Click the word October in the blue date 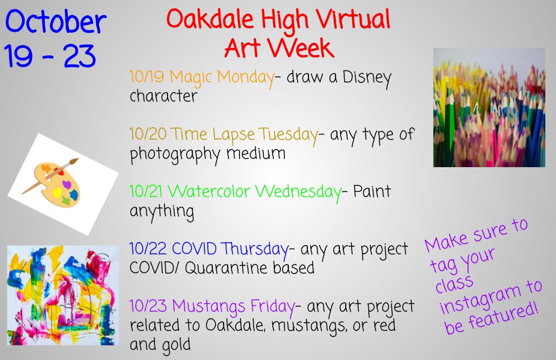point(55,23)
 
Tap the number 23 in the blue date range point(80,57)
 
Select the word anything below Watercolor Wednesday point(162,211)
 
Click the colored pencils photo point(489,107)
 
